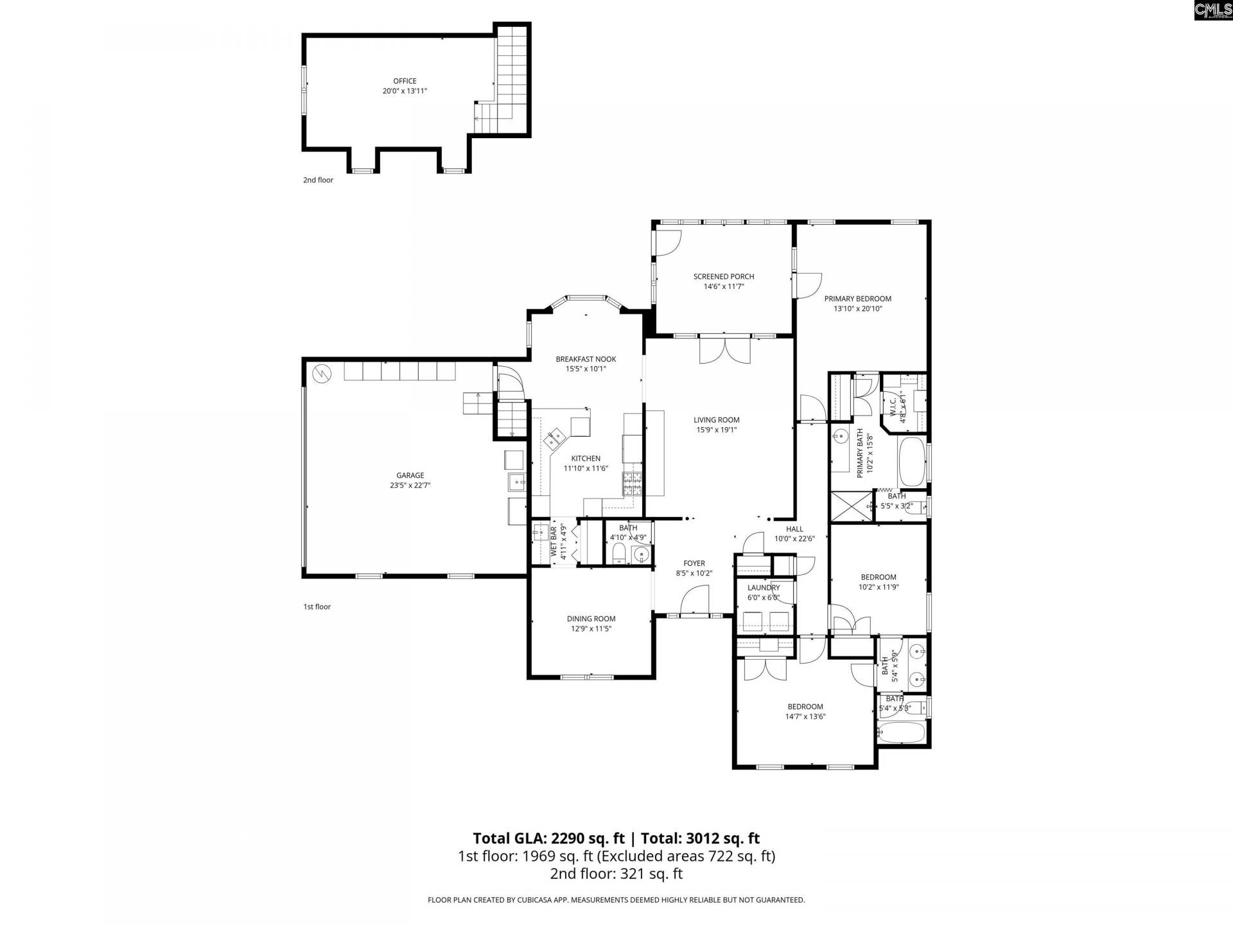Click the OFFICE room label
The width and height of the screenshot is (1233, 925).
[x=405, y=81]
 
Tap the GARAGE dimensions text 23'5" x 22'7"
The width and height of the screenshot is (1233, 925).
[x=410, y=486]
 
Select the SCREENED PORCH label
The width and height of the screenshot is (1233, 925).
[x=724, y=277]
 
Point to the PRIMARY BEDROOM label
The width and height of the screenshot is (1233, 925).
[x=857, y=299]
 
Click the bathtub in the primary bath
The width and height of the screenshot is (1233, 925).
[x=911, y=461]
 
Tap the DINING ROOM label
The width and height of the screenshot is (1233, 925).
[x=591, y=619]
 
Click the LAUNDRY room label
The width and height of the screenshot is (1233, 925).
[x=764, y=588]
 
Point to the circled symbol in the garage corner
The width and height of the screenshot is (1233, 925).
[x=321, y=373]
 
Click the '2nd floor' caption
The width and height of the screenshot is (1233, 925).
[x=318, y=180]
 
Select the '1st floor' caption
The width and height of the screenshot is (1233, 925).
[x=317, y=606]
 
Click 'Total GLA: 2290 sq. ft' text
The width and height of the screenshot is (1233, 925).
[x=548, y=838]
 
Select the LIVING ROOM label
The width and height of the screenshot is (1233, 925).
[x=716, y=420]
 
